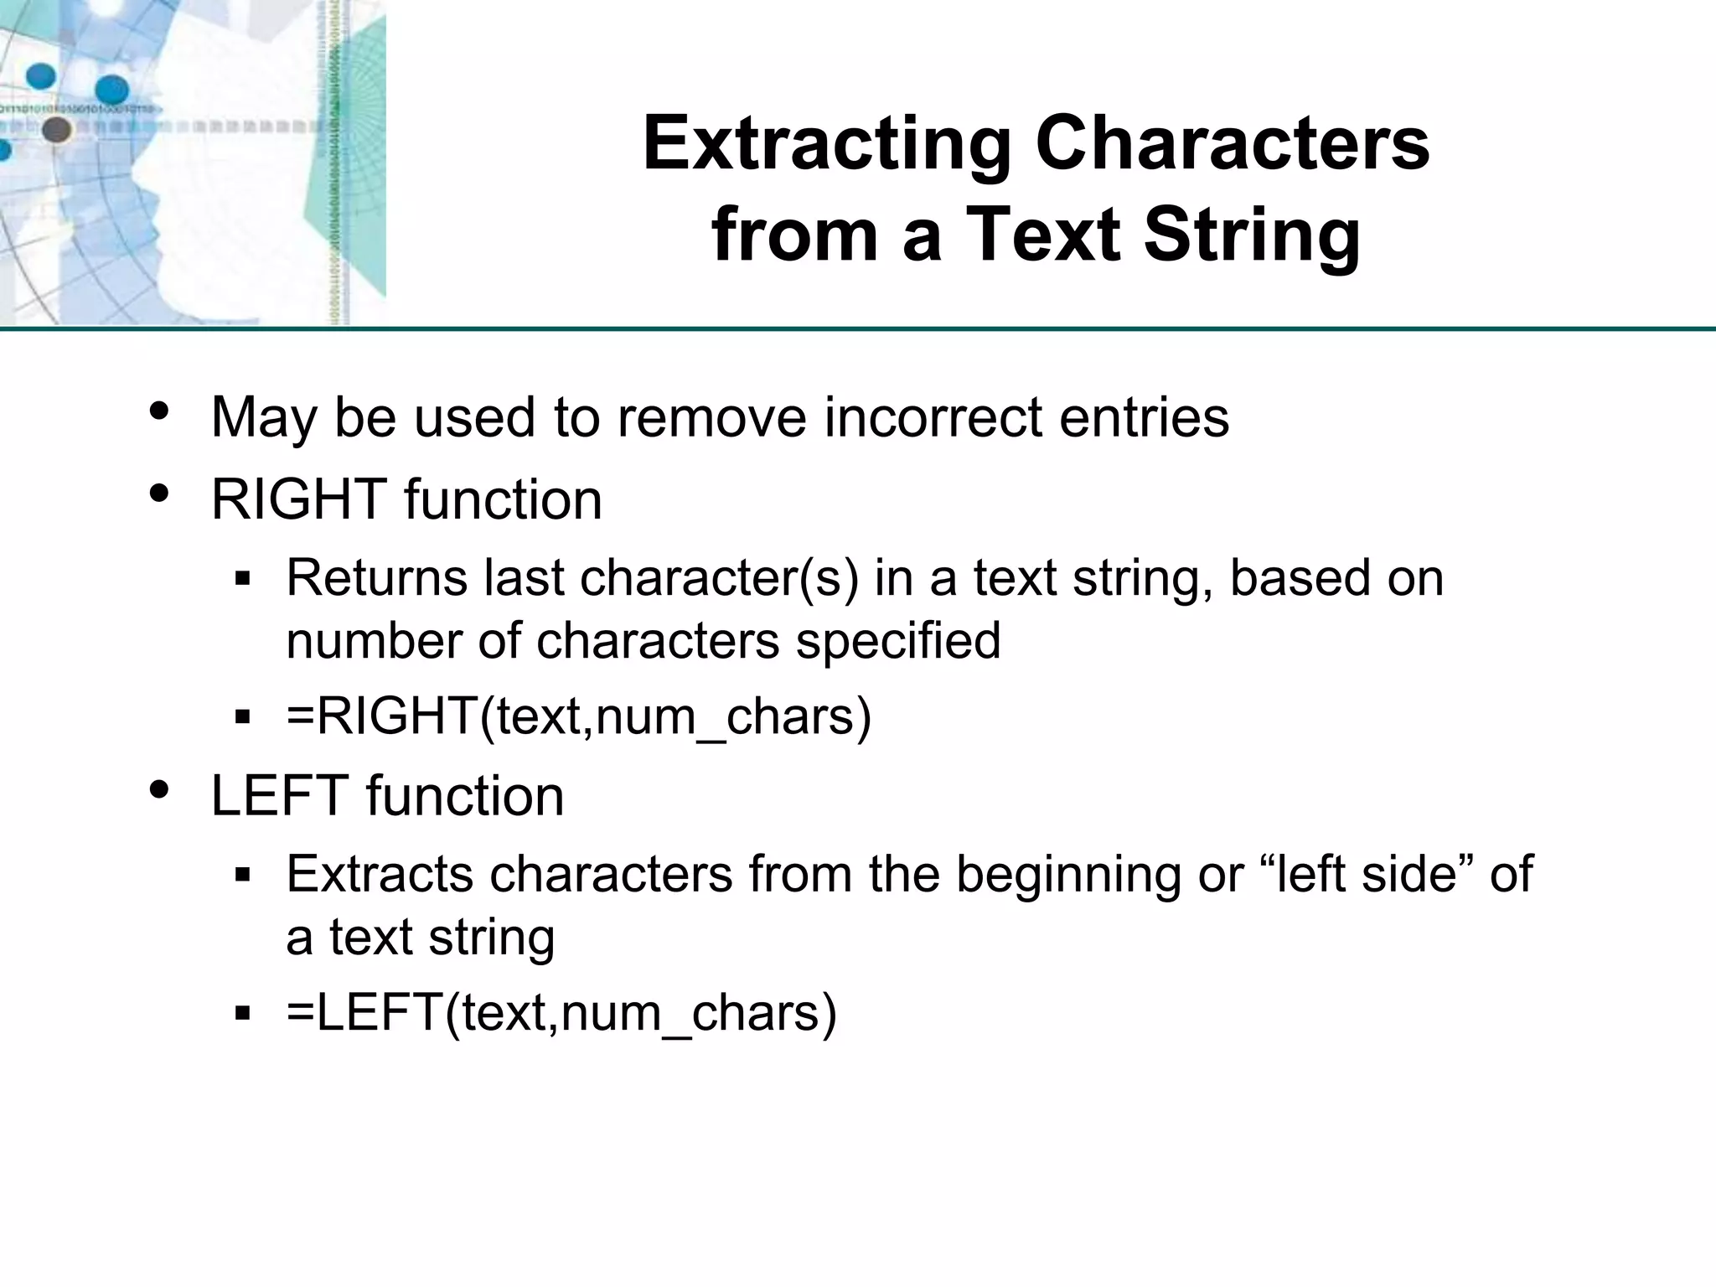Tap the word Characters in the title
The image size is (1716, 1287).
pyautogui.click(x=1233, y=145)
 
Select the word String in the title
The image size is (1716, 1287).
pyautogui.click(x=1253, y=235)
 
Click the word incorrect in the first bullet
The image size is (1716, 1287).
pyautogui.click(x=932, y=416)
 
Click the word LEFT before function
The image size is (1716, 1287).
pyautogui.click(x=280, y=795)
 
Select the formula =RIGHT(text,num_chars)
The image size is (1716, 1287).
pyautogui.click(x=579, y=716)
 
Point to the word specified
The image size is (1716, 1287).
pyautogui.click(x=898, y=641)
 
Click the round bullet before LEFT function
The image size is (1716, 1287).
pyautogui.click(x=159, y=790)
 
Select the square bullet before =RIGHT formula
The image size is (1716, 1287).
pyautogui.click(x=244, y=717)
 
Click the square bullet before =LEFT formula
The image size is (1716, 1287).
pyautogui.click(x=244, y=1014)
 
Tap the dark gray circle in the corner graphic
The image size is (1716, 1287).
pyautogui.click(x=56, y=130)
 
